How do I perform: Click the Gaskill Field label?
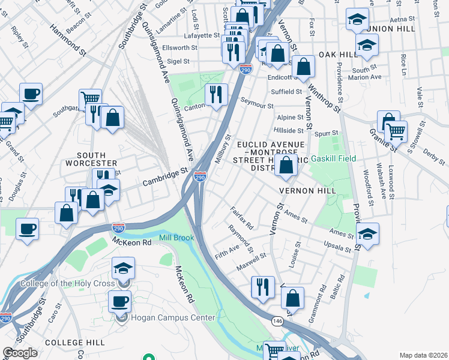pos(333,158)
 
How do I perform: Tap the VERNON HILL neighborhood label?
pos(306,190)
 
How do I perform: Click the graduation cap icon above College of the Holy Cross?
pos(123,268)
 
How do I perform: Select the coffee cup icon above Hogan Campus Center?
pos(119,301)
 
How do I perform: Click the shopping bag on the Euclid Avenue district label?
pos(286,165)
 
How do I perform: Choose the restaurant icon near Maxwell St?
pos(262,286)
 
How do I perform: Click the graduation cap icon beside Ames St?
pos(367,233)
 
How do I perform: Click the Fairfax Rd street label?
pos(243,217)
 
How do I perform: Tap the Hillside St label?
pos(289,130)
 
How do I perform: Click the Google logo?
pos(20,353)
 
